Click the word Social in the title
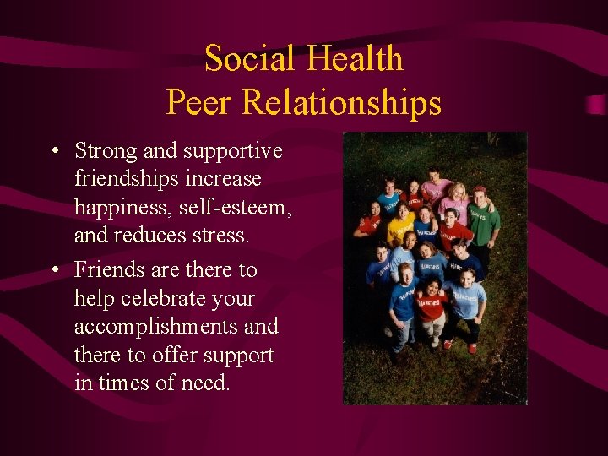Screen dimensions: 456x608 coord(250,59)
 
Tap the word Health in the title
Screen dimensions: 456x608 coord(354,59)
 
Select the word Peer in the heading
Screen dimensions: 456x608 coord(199,102)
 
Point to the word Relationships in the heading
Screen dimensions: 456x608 coord(341,102)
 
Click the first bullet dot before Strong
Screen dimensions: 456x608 coord(53,152)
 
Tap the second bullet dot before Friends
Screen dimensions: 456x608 coord(53,271)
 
